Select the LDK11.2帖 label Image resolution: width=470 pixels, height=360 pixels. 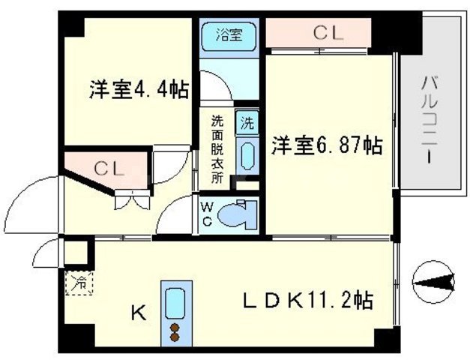pyautogui.click(x=308, y=301)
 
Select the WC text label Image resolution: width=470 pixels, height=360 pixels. pyautogui.click(x=206, y=214)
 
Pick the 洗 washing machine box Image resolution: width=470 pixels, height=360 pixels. pyautogui.click(x=245, y=121)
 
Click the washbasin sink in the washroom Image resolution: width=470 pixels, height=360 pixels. pyautogui.click(x=245, y=154)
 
